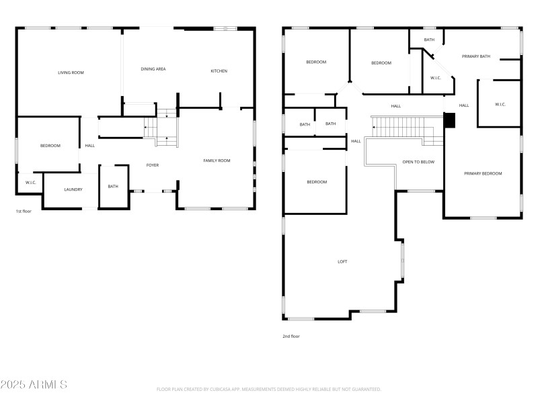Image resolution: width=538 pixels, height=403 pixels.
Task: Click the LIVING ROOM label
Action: coord(71,73)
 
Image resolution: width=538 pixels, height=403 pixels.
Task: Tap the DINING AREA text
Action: coord(153,69)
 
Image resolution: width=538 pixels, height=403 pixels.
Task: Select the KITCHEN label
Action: coord(219,71)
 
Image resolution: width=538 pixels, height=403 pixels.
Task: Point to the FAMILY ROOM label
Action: coord(217,161)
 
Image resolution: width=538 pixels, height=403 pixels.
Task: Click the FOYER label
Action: coord(153,165)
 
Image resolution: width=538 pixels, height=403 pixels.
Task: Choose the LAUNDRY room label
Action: coord(73,190)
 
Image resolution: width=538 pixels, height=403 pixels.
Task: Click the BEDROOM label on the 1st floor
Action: coord(50,146)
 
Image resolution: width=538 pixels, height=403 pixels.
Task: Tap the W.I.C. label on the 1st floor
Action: coord(31,183)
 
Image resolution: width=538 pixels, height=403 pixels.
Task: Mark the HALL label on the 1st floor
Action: coord(89,146)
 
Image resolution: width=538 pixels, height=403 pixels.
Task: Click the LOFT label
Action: coord(342,262)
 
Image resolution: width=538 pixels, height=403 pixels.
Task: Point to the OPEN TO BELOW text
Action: coord(418,162)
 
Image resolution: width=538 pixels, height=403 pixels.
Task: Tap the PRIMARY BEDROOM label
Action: coord(483,174)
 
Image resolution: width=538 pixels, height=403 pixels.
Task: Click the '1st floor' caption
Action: coord(25,212)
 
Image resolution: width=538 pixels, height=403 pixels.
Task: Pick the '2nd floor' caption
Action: coord(291,336)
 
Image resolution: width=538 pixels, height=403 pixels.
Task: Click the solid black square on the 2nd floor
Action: coord(450,120)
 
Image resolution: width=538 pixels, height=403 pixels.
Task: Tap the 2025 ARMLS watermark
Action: coord(34,385)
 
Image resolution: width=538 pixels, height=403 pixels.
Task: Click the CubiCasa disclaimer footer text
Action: coord(269,390)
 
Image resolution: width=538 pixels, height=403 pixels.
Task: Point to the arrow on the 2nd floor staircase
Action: coord(375,126)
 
